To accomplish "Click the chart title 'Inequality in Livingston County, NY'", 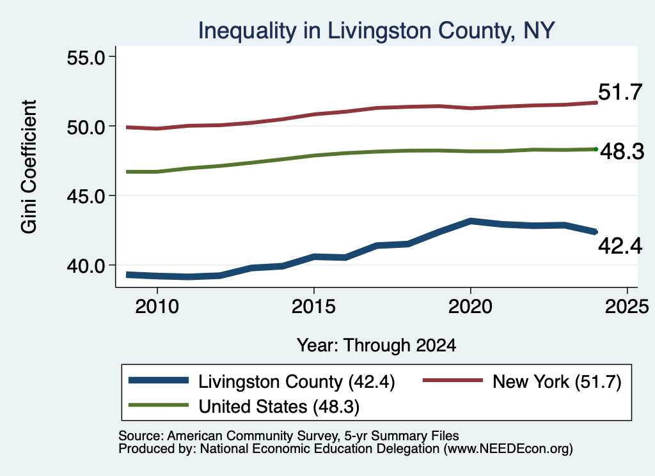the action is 376,31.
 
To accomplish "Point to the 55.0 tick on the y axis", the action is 86,58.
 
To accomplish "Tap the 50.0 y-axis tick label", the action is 86,127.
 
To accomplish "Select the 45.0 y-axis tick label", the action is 86,196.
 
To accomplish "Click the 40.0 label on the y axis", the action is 86,265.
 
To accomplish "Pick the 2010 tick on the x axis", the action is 157,307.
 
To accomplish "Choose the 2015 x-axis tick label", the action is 313,307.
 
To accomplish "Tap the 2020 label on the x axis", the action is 470,307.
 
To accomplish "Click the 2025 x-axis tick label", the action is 627,307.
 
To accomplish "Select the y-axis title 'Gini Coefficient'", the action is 29,167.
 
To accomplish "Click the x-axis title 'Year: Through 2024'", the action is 376,346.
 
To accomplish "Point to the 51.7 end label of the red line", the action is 620,92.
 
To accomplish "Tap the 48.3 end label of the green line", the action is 622,151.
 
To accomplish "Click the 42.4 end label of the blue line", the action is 620,246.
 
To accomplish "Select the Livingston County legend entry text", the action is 297,381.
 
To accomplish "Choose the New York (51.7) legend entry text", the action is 557,381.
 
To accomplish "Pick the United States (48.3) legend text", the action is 279,407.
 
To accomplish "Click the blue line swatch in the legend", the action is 159,380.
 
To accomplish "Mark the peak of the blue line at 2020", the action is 470,221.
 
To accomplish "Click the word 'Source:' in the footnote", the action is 141,436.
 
